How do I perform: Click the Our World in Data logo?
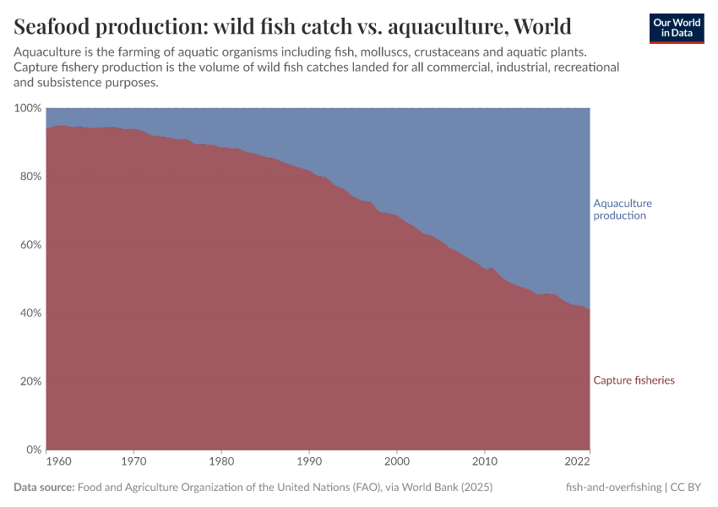pos(677,28)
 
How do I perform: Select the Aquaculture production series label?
pos(623,210)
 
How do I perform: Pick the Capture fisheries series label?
pos(634,380)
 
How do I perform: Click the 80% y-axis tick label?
pos(30,177)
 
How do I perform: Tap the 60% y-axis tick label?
pos(30,245)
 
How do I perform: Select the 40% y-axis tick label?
pos(30,313)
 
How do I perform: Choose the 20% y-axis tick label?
pos(30,381)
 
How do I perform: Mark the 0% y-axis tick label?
pos(33,450)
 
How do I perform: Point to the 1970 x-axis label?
pos(133,462)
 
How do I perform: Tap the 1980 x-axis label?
pos(221,462)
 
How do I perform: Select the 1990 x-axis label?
pos(309,462)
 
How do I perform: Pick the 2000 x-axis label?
pos(397,462)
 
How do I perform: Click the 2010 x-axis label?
pos(485,462)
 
